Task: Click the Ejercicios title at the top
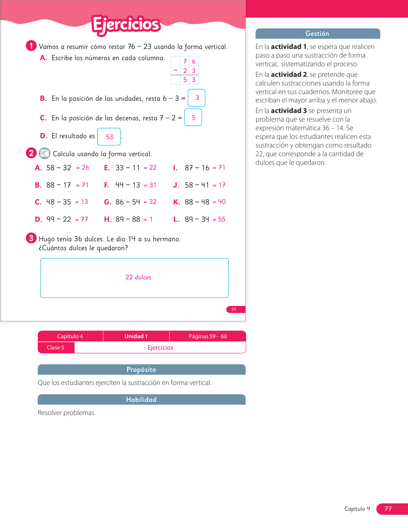126,25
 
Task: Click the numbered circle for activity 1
31,46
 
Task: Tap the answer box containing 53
109,137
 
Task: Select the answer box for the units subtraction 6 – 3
196,98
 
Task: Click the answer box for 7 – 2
193,117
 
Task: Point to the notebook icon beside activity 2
44,153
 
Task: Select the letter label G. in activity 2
108,202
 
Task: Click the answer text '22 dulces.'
139,277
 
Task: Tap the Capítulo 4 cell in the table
70,336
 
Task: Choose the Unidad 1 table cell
136,336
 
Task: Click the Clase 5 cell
56,348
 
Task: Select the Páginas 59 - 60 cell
208,336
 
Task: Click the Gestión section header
317,34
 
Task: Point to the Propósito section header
141,370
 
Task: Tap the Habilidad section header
141,399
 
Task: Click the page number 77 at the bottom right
388,508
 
